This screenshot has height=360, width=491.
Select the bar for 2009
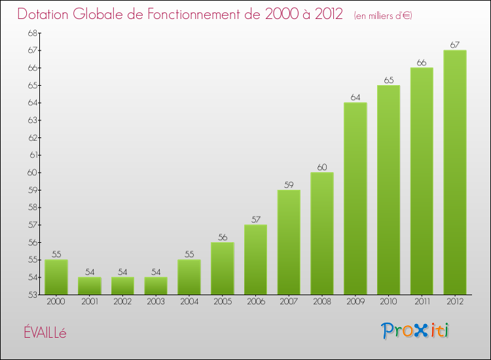tap(355, 198)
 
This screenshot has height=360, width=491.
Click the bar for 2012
tap(455, 172)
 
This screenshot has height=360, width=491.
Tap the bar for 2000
tap(56, 277)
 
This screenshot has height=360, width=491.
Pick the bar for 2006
tap(255, 259)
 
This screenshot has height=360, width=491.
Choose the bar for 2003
tap(156, 286)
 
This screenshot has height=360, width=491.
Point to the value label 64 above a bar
tap(355, 98)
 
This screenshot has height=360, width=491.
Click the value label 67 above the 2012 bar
tap(455, 45)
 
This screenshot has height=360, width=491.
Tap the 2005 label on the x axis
tap(222, 302)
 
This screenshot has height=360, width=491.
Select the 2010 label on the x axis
tap(388, 302)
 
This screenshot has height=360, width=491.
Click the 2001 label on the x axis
tap(89, 302)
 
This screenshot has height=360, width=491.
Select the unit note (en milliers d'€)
tap(383, 15)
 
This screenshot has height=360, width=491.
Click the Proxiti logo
tap(416, 331)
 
